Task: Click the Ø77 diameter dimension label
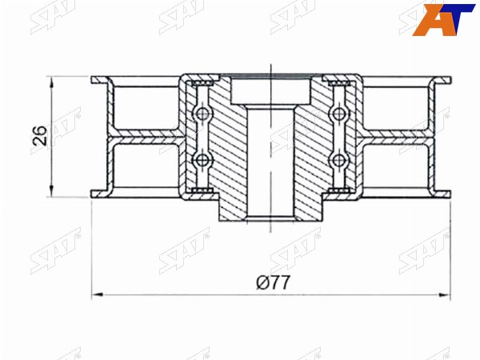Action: click(x=273, y=282)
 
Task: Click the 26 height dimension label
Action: click(x=41, y=136)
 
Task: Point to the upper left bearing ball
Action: click(x=202, y=114)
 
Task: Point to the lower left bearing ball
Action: click(x=202, y=159)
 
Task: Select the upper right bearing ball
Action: click(x=338, y=114)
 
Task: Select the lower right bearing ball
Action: click(x=338, y=159)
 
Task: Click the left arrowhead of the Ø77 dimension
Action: click(x=97, y=294)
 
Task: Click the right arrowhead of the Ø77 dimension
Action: click(x=446, y=294)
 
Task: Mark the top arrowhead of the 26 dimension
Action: click(x=51, y=82)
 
